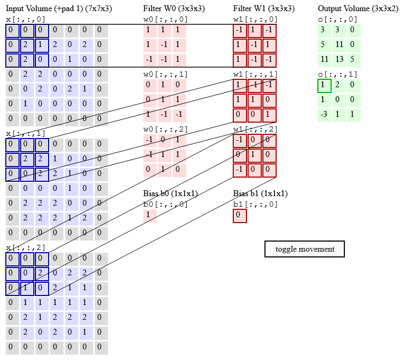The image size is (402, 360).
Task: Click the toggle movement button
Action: pos(304,249)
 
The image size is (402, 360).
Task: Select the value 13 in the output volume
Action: pos(339,59)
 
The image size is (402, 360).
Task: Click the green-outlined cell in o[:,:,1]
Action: pos(324,86)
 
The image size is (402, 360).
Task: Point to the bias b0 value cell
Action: pos(150,216)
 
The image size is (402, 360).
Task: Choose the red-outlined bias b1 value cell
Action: pos(240,216)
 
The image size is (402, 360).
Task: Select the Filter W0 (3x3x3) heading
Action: pos(173,8)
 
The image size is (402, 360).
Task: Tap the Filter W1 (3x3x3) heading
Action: pos(263,8)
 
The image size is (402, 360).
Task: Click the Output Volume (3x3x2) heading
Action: pos(358,8)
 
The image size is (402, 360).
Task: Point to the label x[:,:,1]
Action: pos(25,133)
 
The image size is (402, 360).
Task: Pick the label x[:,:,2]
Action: pos(25,247)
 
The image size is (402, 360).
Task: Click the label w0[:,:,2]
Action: pos(166,129)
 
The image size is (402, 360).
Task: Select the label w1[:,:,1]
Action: pos(255,74)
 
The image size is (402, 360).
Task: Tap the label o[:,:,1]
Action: pos(337,74)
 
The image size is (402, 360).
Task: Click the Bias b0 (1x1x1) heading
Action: pos(170,193)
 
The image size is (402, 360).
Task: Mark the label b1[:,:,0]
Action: pos(255,205)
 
